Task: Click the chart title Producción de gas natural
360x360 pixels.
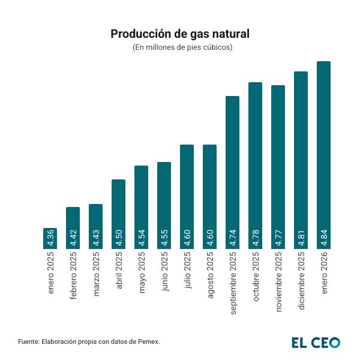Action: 180,34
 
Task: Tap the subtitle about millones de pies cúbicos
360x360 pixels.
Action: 180,47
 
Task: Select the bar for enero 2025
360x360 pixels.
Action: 50,238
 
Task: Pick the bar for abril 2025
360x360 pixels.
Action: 119,214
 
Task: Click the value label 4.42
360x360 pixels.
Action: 73,238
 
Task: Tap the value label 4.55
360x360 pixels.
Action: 164,238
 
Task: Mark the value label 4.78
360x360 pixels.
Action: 256,238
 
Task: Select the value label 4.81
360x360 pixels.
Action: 301,238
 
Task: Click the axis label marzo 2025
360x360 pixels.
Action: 96,275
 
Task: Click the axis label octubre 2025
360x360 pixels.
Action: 256,278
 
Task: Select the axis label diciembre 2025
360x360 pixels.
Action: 301,281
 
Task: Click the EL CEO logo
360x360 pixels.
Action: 316,342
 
